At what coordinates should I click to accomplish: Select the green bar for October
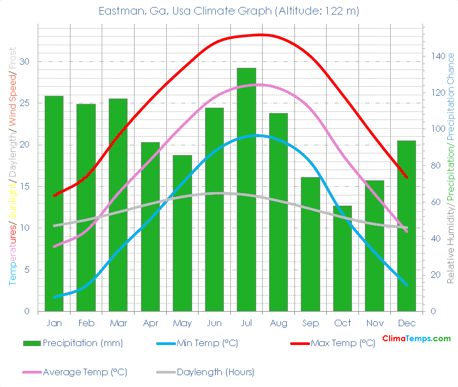coord(342,258)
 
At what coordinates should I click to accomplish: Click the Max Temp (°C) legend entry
coord(342,343)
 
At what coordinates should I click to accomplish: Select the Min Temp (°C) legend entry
coord(207,343)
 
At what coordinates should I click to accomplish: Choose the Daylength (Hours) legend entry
coord(215,372)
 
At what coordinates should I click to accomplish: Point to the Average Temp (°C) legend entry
coord(84,372)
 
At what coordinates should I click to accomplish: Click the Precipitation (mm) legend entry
coord(82,343)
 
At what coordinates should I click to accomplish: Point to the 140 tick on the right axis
coord(436,56)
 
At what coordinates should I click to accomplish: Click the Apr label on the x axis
coord(150,323)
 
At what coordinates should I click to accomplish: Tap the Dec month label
coord(406,323)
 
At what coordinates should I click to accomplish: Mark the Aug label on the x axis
coord(278,323)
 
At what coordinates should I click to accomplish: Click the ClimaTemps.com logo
coord(417,339)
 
